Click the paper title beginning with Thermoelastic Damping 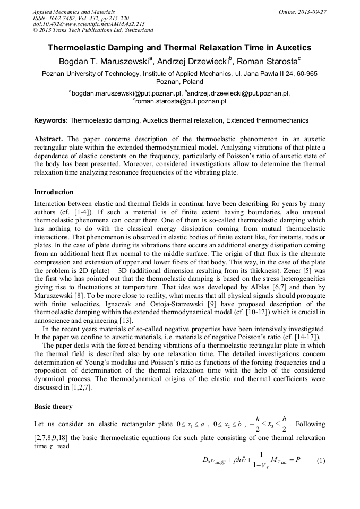(179, 48)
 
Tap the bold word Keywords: (51, 120)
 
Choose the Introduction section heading (54, 192)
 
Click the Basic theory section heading (54, 407)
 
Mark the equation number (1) (320, 460)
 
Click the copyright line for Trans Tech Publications (93, 30)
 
